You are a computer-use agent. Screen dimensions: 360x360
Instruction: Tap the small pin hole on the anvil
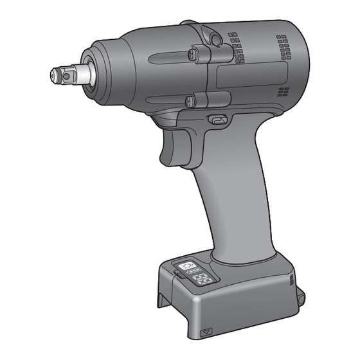point(64,73)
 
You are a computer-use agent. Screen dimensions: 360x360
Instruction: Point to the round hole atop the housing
point(217,40)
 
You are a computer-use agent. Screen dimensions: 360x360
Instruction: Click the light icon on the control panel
point(186,264)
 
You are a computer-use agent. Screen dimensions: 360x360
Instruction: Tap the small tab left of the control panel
point(175,276)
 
